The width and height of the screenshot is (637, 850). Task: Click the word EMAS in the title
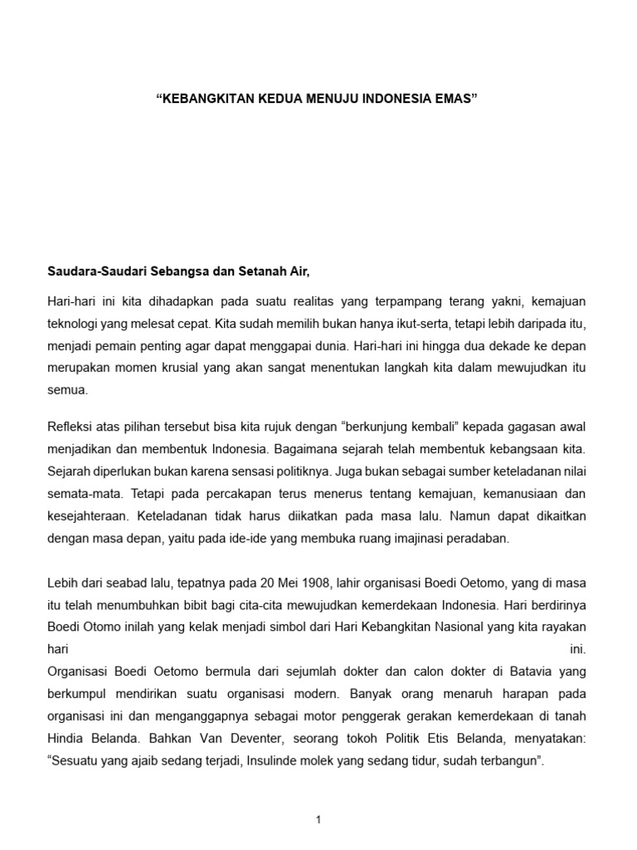point(456,98)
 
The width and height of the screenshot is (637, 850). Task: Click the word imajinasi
point(429,538)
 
